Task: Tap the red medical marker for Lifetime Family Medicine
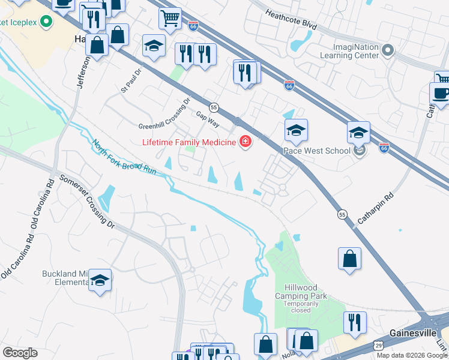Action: (245, 142)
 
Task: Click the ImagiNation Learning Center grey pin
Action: (388, 51)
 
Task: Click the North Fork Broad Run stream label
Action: (124, 158)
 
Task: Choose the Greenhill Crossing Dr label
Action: (164, 114)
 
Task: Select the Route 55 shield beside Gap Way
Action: (214, 107)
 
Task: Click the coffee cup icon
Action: (440, 94)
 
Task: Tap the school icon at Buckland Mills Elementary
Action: (100, 280)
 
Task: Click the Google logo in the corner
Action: (20, 353)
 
